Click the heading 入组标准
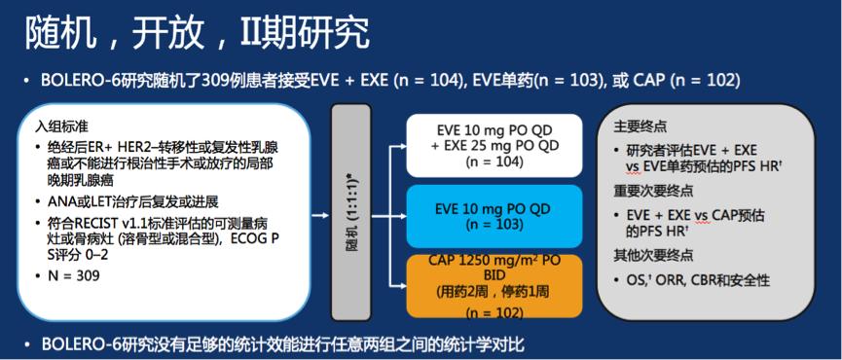click(x=62, y=126)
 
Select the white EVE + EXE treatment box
click(x=494, y=144)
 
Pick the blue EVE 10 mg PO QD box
click(x=494, y=216)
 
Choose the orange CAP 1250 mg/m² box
click(x=494, y=284)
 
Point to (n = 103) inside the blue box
click(x=494, y=225)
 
